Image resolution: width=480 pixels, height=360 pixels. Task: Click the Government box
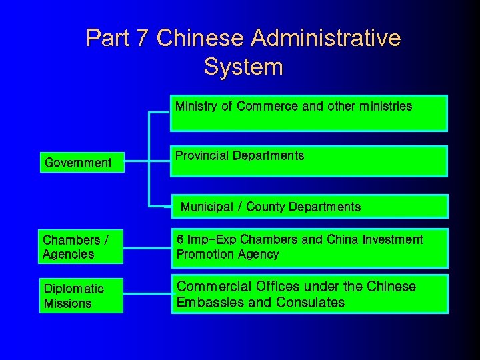coord(81,162)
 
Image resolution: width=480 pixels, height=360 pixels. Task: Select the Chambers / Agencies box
coord(81,247)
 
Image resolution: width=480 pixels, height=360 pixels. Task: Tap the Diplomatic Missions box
coord(81,295)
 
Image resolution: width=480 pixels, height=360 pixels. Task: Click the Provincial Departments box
coord(309,161)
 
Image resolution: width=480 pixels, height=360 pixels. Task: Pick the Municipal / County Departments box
coord(309,207)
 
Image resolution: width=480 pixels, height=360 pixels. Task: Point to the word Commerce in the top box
coord(267,106)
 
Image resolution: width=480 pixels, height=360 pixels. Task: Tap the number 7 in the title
coord(142,38)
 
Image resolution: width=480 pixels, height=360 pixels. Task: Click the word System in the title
coord(243,67)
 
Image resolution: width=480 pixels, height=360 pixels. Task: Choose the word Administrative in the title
coord(326,38)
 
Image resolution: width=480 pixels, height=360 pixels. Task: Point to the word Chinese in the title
coord(200,38)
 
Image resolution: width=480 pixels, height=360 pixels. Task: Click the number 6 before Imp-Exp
coord(180,239)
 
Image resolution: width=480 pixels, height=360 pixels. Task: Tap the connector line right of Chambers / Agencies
coord(147,247)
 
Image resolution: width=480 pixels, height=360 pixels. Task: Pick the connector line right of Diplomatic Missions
coord(147,295)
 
